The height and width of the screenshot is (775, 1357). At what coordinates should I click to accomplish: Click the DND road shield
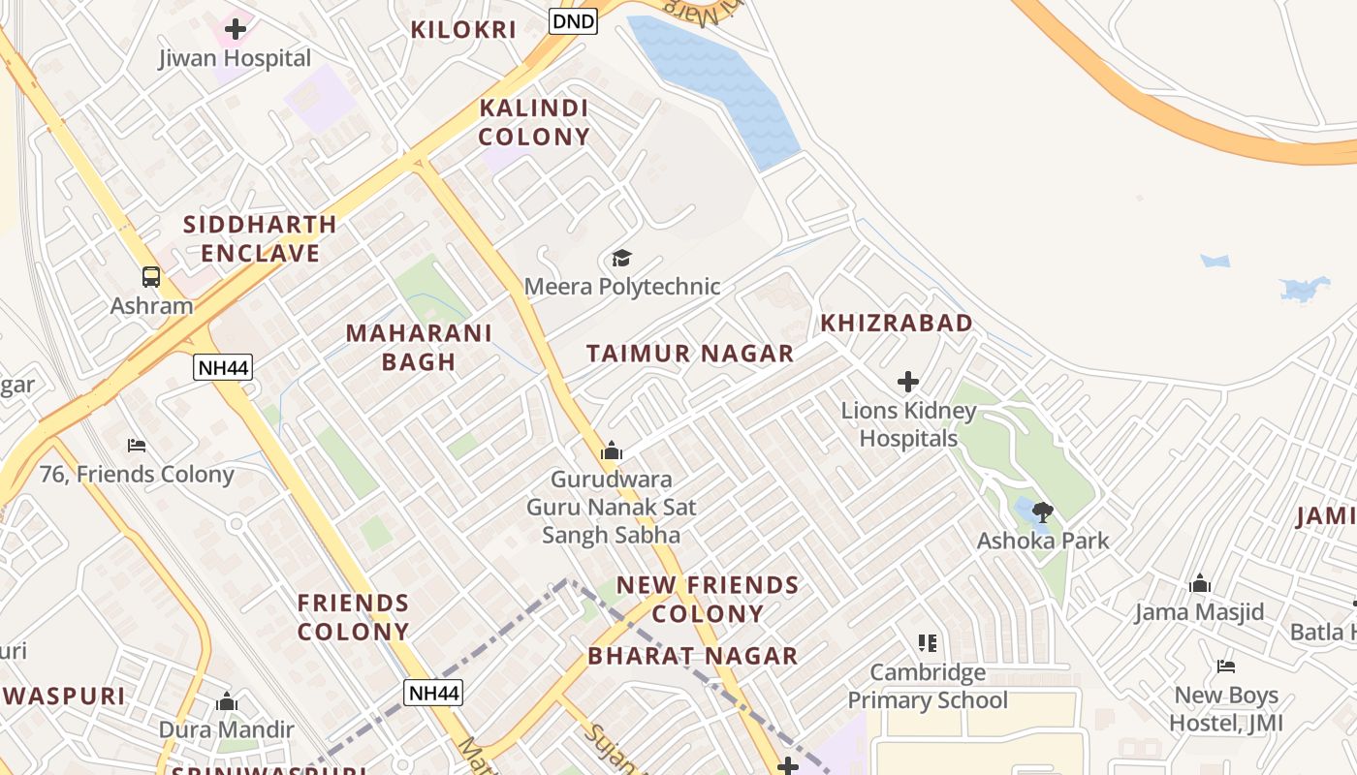(573, 20)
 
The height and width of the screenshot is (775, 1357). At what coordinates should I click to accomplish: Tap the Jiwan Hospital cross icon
(235, 29)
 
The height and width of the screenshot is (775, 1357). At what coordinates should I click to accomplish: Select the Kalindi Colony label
(534, 122)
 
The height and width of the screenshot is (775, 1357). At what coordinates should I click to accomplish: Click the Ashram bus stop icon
(151, 277)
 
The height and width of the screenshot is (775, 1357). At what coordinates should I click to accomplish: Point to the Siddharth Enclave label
(260, 238)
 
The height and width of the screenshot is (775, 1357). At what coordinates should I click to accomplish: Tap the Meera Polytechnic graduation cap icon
(621, 258)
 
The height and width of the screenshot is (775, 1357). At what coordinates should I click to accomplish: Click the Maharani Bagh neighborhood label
(419, 347)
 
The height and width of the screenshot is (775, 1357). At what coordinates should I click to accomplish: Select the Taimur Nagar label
(690, 354)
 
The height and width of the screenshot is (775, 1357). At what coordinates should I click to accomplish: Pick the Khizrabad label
(897, 323)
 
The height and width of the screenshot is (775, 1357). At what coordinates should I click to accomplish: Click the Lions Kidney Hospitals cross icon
(907, 382)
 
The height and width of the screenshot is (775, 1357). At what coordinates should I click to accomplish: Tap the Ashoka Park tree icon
(1042, 511)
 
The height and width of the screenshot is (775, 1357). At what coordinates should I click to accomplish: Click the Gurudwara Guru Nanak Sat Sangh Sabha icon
(611, 450)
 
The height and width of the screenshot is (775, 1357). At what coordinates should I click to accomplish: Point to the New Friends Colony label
(708, 599)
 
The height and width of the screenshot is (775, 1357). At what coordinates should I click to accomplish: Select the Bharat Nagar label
(692, 656)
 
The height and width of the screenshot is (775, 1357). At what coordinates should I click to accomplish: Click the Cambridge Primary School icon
(928, 643)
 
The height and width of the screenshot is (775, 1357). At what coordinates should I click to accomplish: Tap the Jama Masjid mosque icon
(1200, 583)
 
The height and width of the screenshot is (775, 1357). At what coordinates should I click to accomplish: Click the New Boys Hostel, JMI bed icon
(1226, 666)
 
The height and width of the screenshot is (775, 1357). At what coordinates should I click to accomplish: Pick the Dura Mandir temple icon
(227, 700)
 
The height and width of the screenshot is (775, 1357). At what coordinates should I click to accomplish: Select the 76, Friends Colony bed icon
(137, 446)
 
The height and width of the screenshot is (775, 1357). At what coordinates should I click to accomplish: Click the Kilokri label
(463, 29)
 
